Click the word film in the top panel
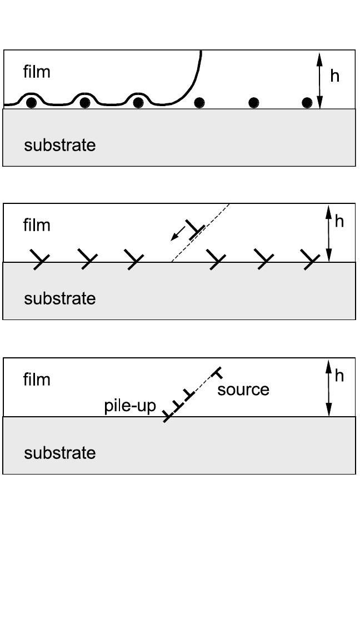tap(37, 72)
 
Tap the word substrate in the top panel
tap(59, 146)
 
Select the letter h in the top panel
tap(334, 76)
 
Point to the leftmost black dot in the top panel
tap(32, 102)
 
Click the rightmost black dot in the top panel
tap(307, 102)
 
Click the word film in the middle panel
tap(37, 225)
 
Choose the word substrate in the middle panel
tap(59, 299)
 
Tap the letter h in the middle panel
tap(339, 221)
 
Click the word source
tap(243, 390)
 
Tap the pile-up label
tap(131, 406)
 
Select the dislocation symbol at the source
tap(218, 371)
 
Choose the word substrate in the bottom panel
tap(59, 453)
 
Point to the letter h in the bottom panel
tap(339, 376)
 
